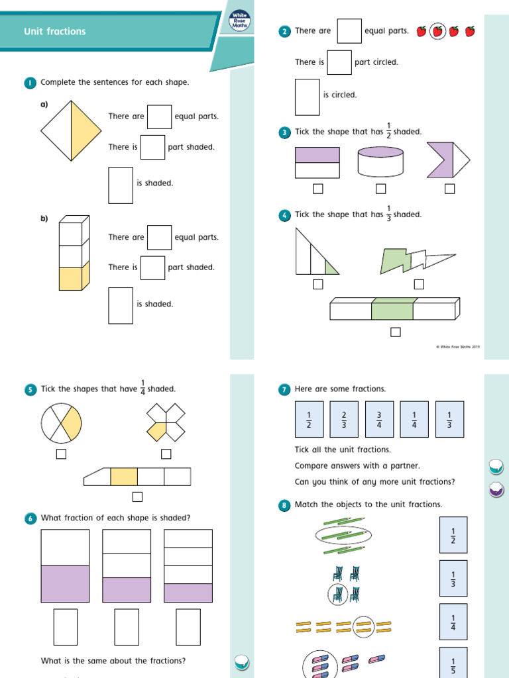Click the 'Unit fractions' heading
click(x=54, y=31)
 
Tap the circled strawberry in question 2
click(x=437, y=31)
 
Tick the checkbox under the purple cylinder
click(x=380, y=189)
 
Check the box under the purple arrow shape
click(x=450, y=189)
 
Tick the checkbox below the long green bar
click(x=396, y=332)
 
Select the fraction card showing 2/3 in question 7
click(x=344, y=419)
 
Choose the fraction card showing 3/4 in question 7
click(x=380, y=419)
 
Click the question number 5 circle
click(x=30, y=390)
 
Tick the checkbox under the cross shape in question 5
click(x=166, y=454)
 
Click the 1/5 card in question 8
click(x=453, y=664)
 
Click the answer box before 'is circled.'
click(x=307, y=97)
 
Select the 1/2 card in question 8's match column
click(x=453, y=535)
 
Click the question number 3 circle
click(x=284, y=133)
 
